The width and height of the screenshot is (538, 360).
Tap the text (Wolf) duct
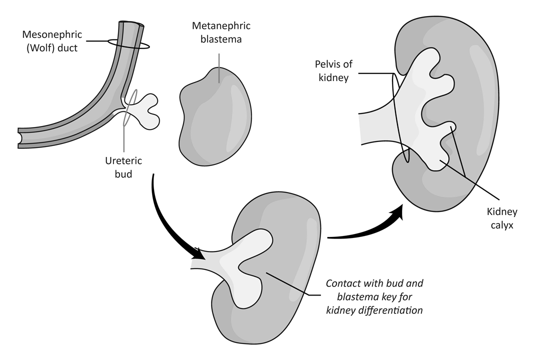coord(50,49)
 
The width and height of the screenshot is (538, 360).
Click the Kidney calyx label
coord(501,218)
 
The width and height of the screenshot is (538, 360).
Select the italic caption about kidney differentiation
coord(374,296)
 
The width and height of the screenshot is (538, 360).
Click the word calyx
coord(501,225)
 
